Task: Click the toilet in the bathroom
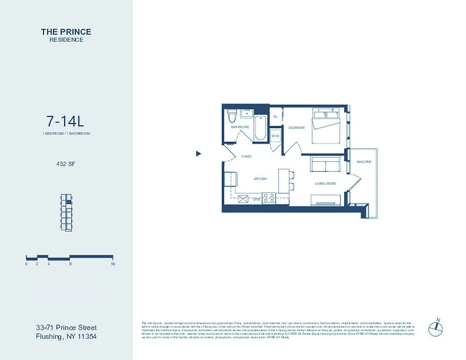pyautogui.click(x=232, y=116)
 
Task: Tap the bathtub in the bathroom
pyautogui.click(x=260, y=128)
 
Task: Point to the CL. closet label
pyautogui.click(x=276, y=116)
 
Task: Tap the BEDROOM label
pyautogui.click(x=297, y=128)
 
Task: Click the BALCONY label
pyautogui.click(x=364, y=162)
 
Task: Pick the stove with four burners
pyautogui.click(x=269, y=198)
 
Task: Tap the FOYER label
pyautogui.click(x=246, y=157)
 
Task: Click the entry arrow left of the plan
pyautogui.click(x=199, y=154)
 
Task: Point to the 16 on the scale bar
pyautogui.click(x=113, y=264)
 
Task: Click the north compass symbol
pyautogui.click(x=435, y=328)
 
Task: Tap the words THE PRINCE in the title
pyautogui.click(x=66, y=31)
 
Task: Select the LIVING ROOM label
pyautogui.click(x=325, y=184)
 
